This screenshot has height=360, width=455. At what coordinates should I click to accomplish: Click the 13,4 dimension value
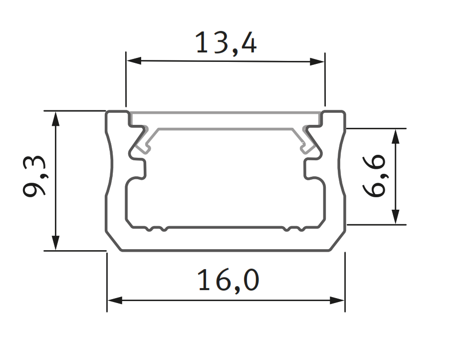pyautogui.click(x=226, y=43)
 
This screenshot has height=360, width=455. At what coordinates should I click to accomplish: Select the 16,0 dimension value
pyautogui.click(x=228, y=281)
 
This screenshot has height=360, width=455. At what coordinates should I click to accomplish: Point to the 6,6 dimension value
pyautogui.click(x=375, y=175)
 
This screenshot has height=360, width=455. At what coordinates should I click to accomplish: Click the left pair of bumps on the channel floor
pyautogui.click(x=156, y=230)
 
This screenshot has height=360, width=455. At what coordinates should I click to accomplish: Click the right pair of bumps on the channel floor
pyautogui.click(x=294, y=230)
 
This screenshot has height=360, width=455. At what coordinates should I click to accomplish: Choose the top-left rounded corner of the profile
pyautogui.click(x=108, y=114)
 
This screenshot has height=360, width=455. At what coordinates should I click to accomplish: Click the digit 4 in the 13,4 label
pyautogui.click(x=248, y=43)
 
